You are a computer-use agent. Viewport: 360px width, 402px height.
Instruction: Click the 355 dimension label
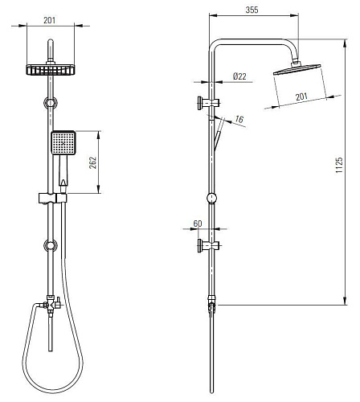pyautogui.click(x=252, y=10)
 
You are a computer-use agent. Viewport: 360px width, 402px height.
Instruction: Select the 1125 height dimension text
pyautogui.click(x=339, y=165)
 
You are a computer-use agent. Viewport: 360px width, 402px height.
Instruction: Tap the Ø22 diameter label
pyautogui.click(x=239, y=76)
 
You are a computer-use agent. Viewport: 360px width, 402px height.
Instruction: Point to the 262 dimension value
pyautogui.click(x=92, y=162)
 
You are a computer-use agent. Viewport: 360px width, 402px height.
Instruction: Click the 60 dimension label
pyautogui.click(x=198, y=224)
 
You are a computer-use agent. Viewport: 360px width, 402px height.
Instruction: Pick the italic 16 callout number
pyautogui.click(x=239, y=119)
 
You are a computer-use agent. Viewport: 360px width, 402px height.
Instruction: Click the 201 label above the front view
pyautogui.click(x=50, y=20)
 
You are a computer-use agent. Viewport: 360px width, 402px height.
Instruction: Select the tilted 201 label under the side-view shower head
pyautogui.click(x=301, y=96)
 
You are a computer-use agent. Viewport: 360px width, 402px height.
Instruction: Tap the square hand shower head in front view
pyautogui.click(x=63, y=143)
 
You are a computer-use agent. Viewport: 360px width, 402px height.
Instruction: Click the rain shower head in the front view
pyautogui.click(x=51, y=70)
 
